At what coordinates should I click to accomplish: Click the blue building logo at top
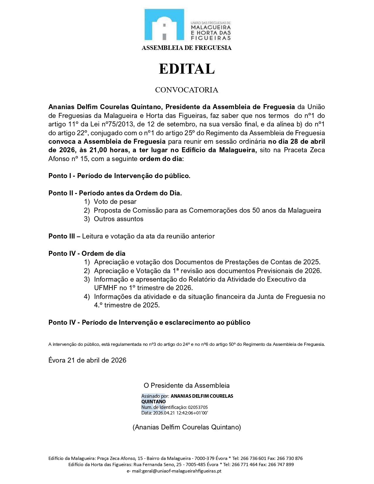point(164,25)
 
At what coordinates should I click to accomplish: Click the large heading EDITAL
point(187,69)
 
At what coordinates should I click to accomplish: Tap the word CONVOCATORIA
point(187,90)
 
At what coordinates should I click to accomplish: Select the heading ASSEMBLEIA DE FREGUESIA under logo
point(187,48)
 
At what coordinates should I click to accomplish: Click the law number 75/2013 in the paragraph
point(109,124)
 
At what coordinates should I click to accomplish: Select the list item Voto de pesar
point(115,202)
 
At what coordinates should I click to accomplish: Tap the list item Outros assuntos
point(119,219)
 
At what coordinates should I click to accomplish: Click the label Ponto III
point(62,236)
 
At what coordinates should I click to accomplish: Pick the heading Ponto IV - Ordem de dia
point(87,254)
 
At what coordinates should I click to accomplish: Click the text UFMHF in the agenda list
point(106,288)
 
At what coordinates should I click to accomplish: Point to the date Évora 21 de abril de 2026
point(87,361)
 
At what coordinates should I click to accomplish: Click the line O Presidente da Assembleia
point(187,386)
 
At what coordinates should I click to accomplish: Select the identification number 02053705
point(198,407)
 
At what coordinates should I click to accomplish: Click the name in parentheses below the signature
point(187,427)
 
